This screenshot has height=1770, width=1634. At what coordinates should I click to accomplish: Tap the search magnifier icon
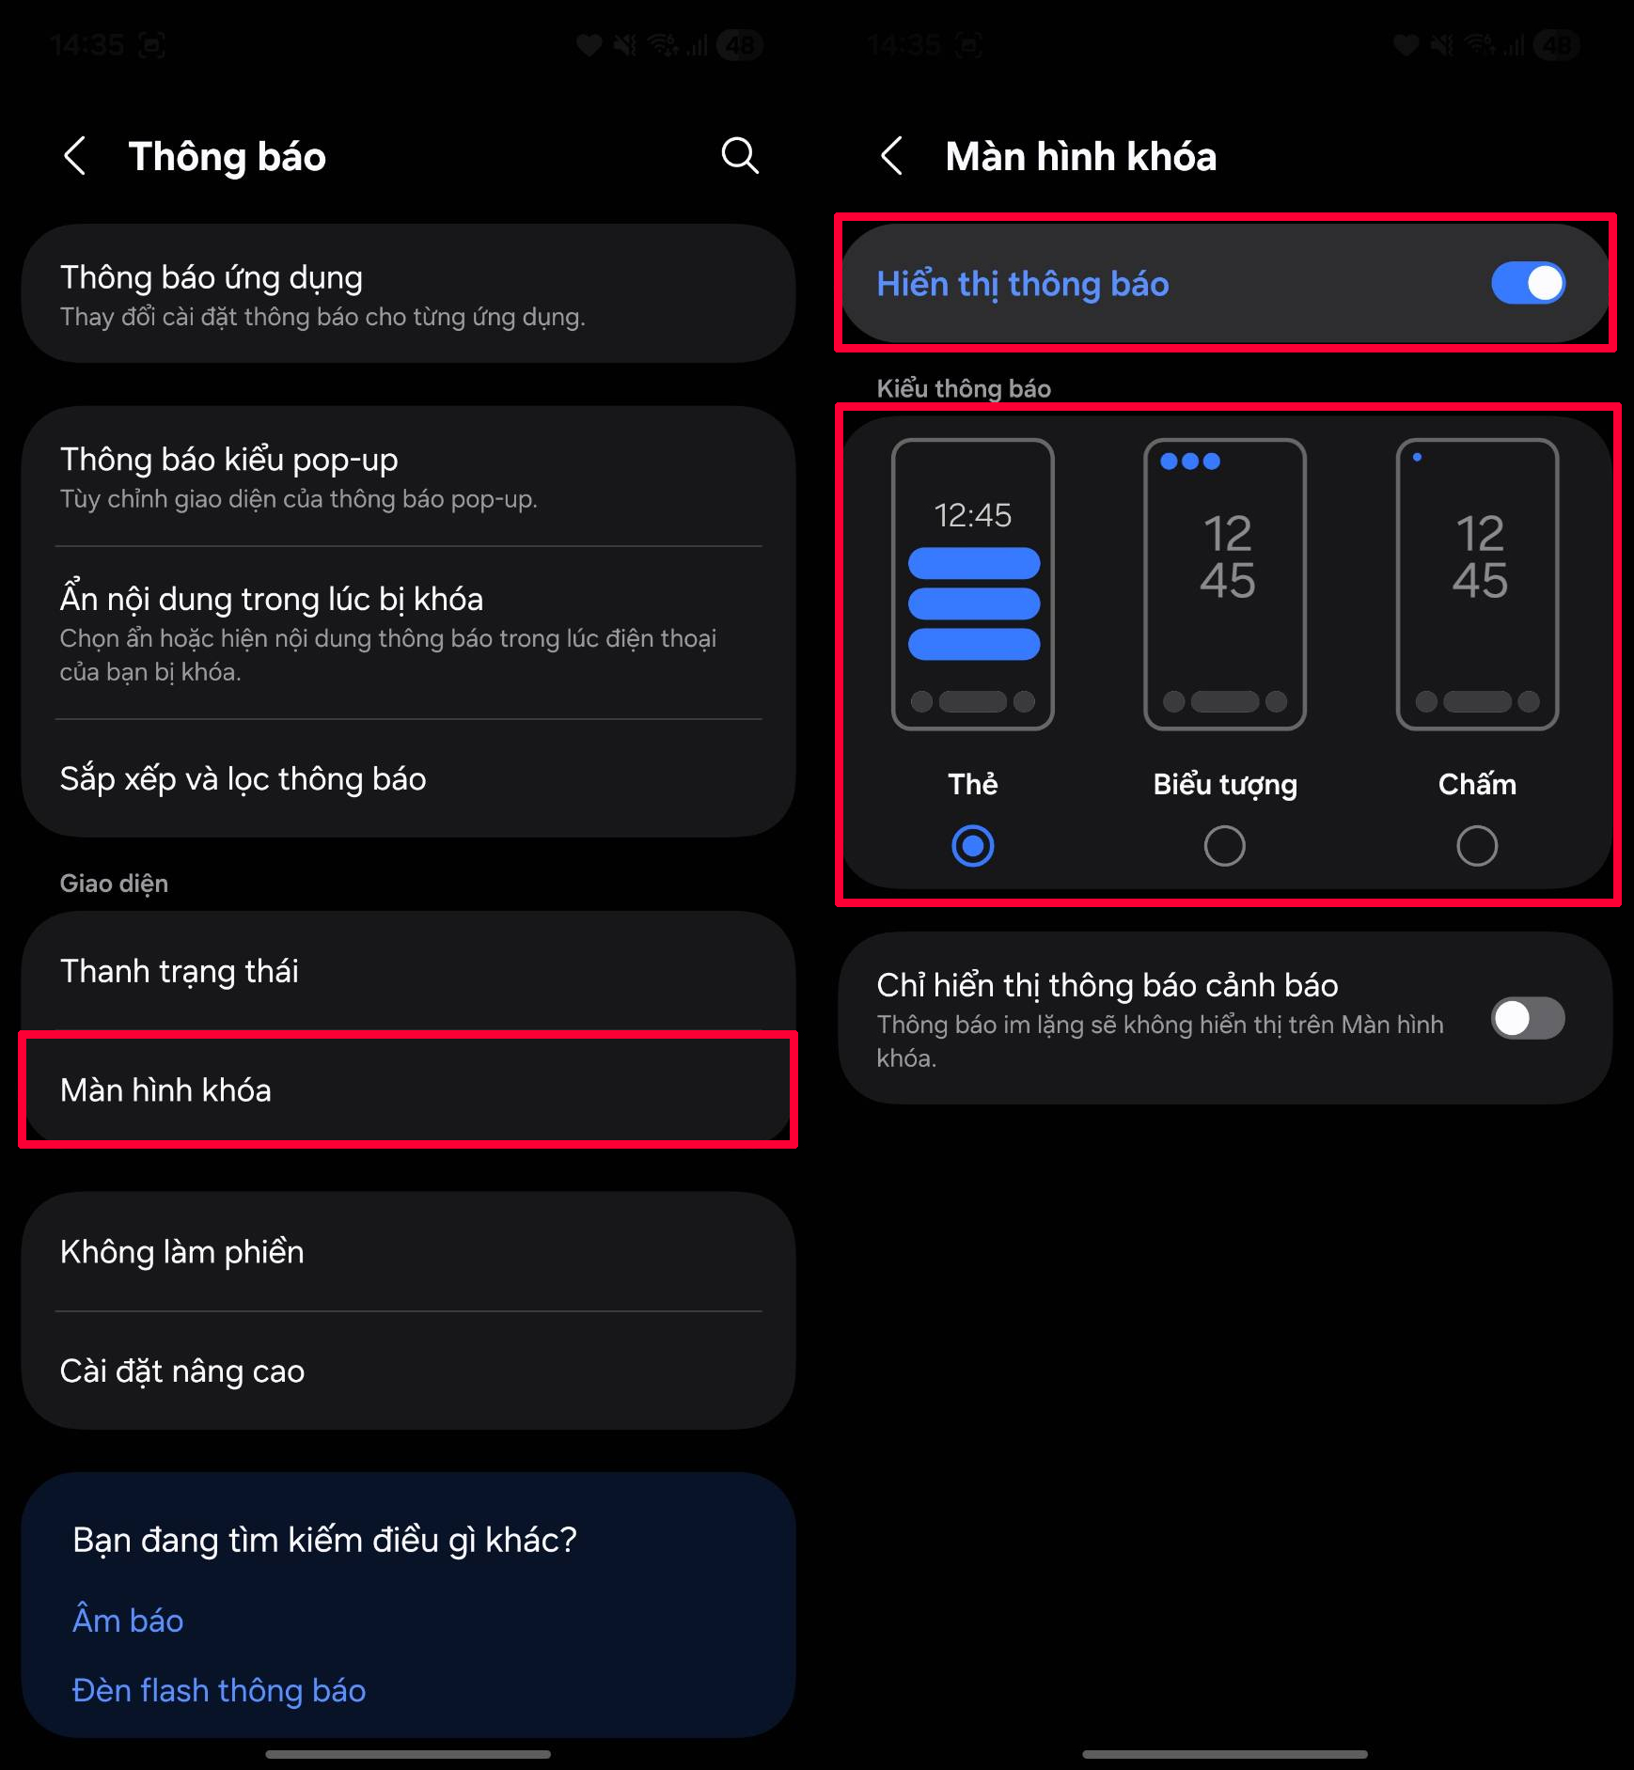pos(740,155)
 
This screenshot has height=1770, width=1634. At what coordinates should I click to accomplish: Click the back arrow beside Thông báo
pos(75,155)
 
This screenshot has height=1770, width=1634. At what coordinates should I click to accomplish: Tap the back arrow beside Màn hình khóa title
pos(892,155)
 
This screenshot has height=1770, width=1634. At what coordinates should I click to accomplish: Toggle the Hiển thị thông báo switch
pos(1528,283)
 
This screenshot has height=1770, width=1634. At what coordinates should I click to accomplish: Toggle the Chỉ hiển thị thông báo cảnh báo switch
pos(1528,1018)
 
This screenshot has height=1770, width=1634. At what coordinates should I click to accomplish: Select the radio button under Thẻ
pos(972,846)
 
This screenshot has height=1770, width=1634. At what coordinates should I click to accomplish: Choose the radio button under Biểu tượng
pos(1224,846)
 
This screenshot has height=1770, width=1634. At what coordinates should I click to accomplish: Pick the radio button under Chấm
pos(1476,846)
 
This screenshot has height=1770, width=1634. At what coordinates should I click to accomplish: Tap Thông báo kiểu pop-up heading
pos(229,460)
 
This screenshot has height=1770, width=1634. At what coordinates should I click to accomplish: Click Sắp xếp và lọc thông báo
pos(243,779)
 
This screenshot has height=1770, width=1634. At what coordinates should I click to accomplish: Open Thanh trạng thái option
pos(180,971)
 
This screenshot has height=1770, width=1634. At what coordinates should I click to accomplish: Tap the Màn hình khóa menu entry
pos(165,1090)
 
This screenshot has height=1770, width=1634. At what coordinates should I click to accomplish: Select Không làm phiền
pos(182,1252)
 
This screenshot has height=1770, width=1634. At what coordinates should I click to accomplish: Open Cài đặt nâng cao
pos(182,1371)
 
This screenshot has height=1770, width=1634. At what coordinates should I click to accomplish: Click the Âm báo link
pos(128,1621)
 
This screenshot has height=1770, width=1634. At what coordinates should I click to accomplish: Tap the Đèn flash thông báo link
pos(219,1690)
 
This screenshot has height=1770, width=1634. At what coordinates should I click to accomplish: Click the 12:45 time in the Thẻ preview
pos(972,515)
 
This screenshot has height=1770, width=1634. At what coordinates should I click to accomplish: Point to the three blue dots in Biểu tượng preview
pos(1190,462)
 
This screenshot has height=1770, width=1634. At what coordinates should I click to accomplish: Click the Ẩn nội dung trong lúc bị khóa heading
pos(272,599)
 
